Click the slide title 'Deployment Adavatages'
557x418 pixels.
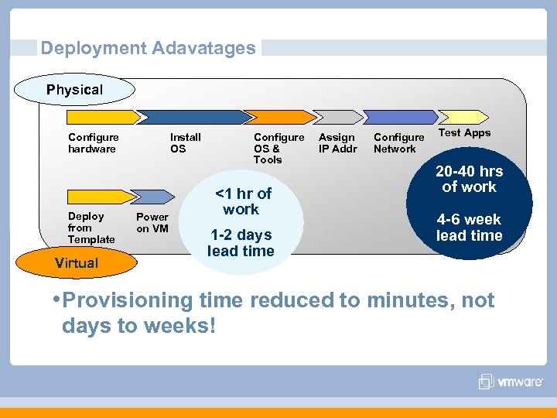(x=148, y=48)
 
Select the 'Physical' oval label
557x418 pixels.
(x=74, y=90)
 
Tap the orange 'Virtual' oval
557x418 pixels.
(x=77, y=263)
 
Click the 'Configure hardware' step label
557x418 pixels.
(x=93, y=143)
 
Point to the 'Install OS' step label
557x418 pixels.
(x=185, y=143)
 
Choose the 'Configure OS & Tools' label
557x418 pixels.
(x=278, y=148)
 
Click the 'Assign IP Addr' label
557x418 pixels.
(x=338, y=143)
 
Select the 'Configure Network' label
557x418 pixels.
(x=398, y=143)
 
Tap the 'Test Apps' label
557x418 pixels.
(x=464, y=133)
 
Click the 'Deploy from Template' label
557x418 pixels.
(x=91, y=228)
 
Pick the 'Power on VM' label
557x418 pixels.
(x=152, y=222)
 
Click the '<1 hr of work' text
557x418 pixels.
(x=242, y=201)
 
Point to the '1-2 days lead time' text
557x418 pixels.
(x=241, y=243)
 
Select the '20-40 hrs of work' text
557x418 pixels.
(x=469, y=179)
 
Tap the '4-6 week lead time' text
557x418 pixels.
(x=469, y=228)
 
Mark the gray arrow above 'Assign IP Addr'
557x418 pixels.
(x=340, y=118)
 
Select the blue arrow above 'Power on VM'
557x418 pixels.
(x=152, y=197)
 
